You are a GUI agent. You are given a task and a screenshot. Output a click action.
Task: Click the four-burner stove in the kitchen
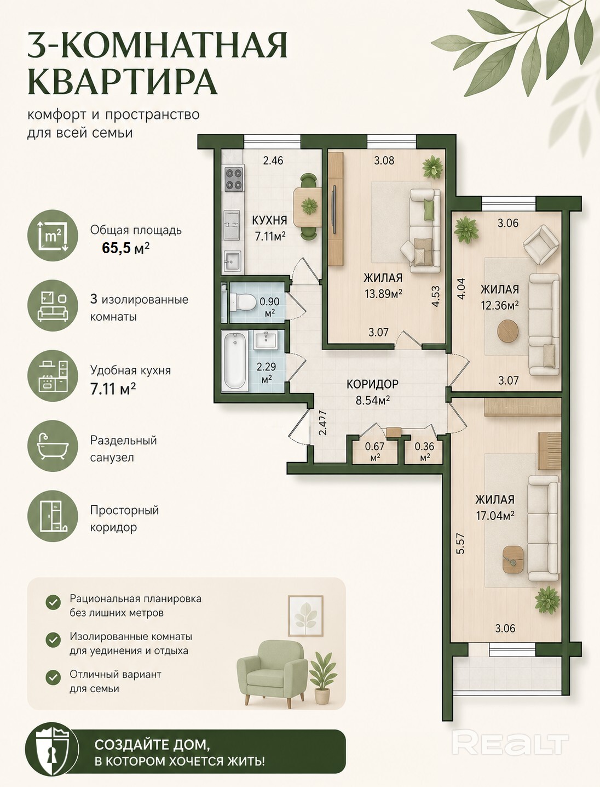click(x=234, y=179)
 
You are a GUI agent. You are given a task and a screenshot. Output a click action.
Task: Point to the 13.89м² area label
click(x=383, y=294)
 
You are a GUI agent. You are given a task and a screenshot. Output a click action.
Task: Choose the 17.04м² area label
click(x=495, y=516)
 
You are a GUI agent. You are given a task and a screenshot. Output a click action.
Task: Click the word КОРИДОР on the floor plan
click(x=372, y=384)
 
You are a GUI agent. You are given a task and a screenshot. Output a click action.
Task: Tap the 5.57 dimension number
click(x=460, y=544)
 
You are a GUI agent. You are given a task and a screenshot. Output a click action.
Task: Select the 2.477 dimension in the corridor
click(x=323, y=423)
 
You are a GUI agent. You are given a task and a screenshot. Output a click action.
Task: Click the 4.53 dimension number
click(x=436, y=296)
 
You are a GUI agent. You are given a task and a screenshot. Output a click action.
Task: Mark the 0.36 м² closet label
click(x=424, y=452)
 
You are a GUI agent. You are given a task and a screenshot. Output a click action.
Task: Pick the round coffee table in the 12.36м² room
click(x=508, y=330)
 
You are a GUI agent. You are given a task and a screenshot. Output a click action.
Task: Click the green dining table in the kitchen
click(x=307, y=207)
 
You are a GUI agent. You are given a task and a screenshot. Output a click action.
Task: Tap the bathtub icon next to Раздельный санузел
click(x=53, y=447)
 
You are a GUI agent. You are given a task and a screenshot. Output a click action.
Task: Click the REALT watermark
click(x=510, y=744)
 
